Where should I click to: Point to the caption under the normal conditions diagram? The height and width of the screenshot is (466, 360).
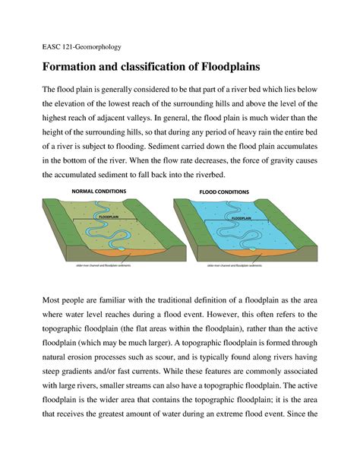[x=109, y=266]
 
